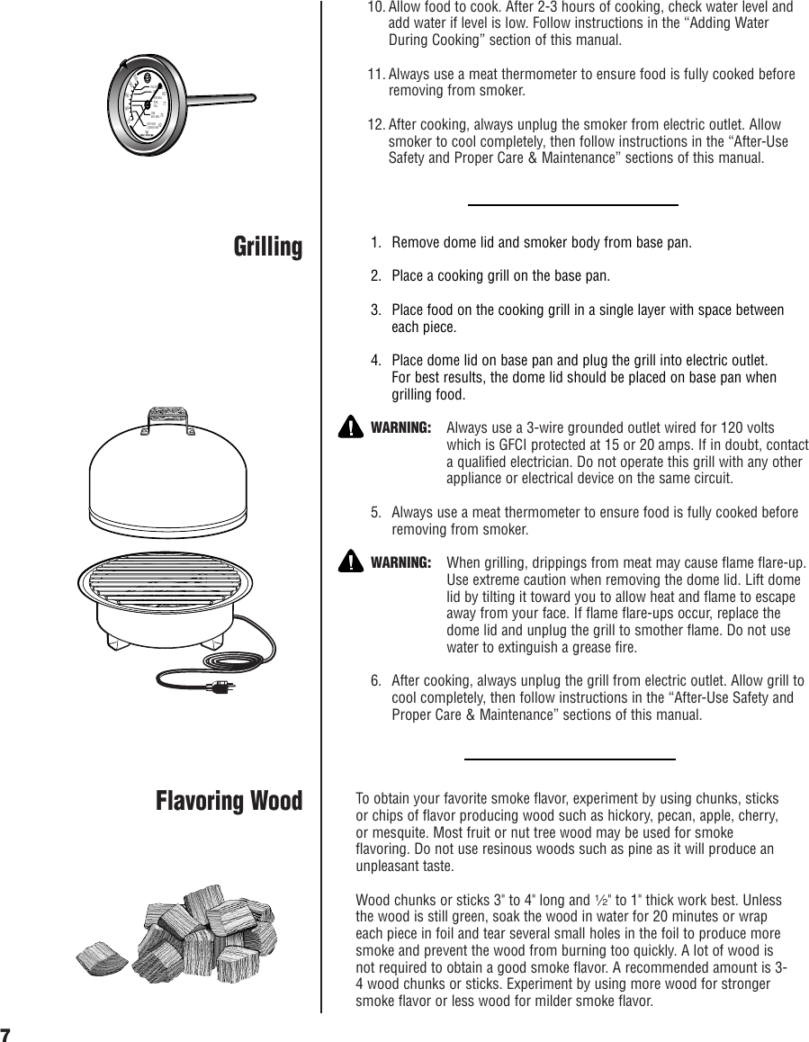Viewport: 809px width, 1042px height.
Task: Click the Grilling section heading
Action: (x=268, y=247)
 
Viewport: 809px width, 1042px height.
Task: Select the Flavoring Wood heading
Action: (x=229, y=800)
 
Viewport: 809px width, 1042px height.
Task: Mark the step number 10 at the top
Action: (x=375, y=7)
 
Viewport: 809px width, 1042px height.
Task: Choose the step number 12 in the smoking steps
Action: (x=375, y=125)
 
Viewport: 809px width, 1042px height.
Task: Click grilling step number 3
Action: (x=376, y=310)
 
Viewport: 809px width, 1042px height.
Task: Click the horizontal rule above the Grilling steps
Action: (x=573, y=205)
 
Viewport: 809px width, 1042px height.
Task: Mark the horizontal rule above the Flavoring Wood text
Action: (x=570, y=759)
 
